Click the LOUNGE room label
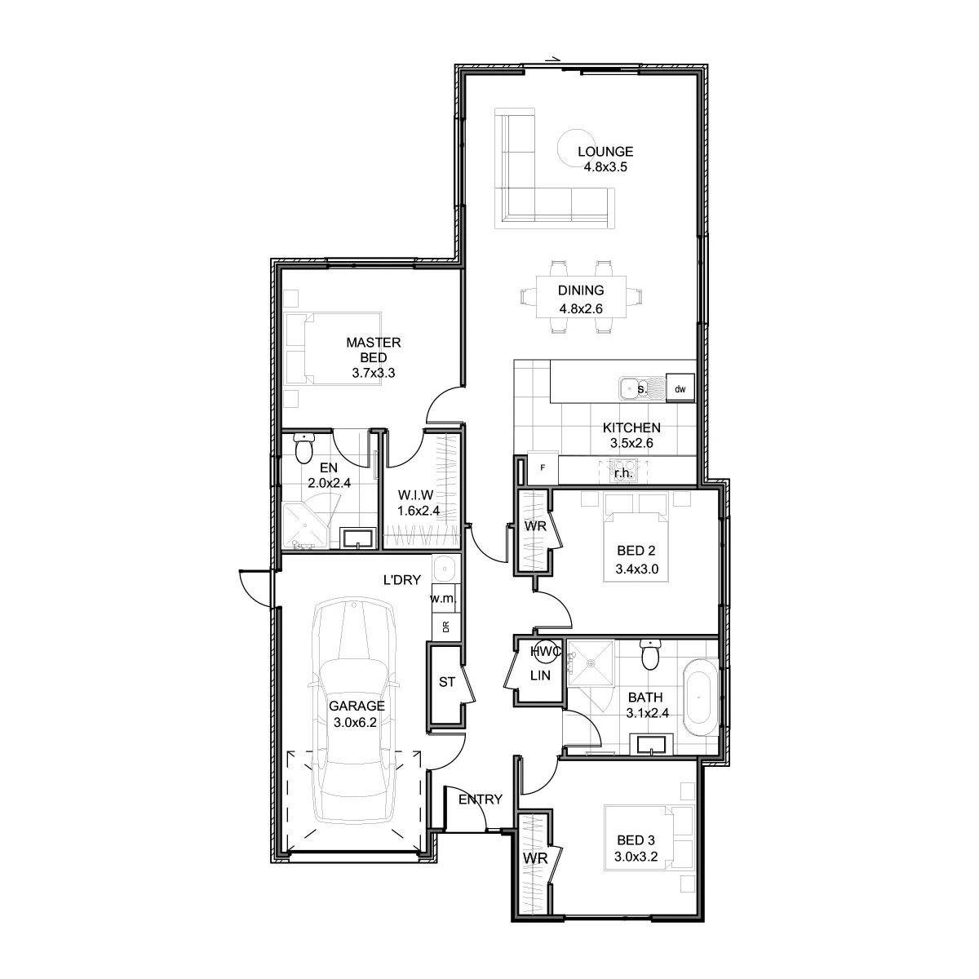click(605, 152)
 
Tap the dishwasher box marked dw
click(680, 388)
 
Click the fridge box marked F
click(543, 468)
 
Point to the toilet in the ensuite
click(303, 448)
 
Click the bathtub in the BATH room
click(699, 698)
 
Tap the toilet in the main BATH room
click(650, 655)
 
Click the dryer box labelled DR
click(446, 627)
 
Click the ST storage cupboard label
click(446, 682)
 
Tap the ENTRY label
click(480, 800)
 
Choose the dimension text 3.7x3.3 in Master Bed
click(374, 373)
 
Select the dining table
click(581, 297)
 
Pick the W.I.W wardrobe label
click(415, 495)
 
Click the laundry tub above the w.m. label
click(446, 568)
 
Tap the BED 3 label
click(636, 840)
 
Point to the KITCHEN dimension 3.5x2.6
click(631, 443)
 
